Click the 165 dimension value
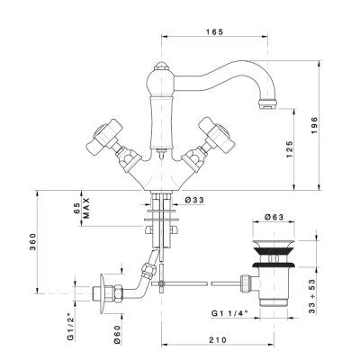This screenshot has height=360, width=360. click(x=215, y=32)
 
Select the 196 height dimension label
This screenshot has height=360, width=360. click(x=314, y=125)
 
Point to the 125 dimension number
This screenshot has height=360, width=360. click(x=289, y=149)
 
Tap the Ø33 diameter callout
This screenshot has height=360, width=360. click(x=194, y=200)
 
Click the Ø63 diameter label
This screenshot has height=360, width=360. click(x=274, y=217)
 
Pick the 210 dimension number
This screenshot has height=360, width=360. click(x=218, y=340)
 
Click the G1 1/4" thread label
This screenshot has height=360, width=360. click(x=229, y=313)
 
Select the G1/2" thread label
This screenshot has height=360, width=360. click(x=71, y=325)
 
